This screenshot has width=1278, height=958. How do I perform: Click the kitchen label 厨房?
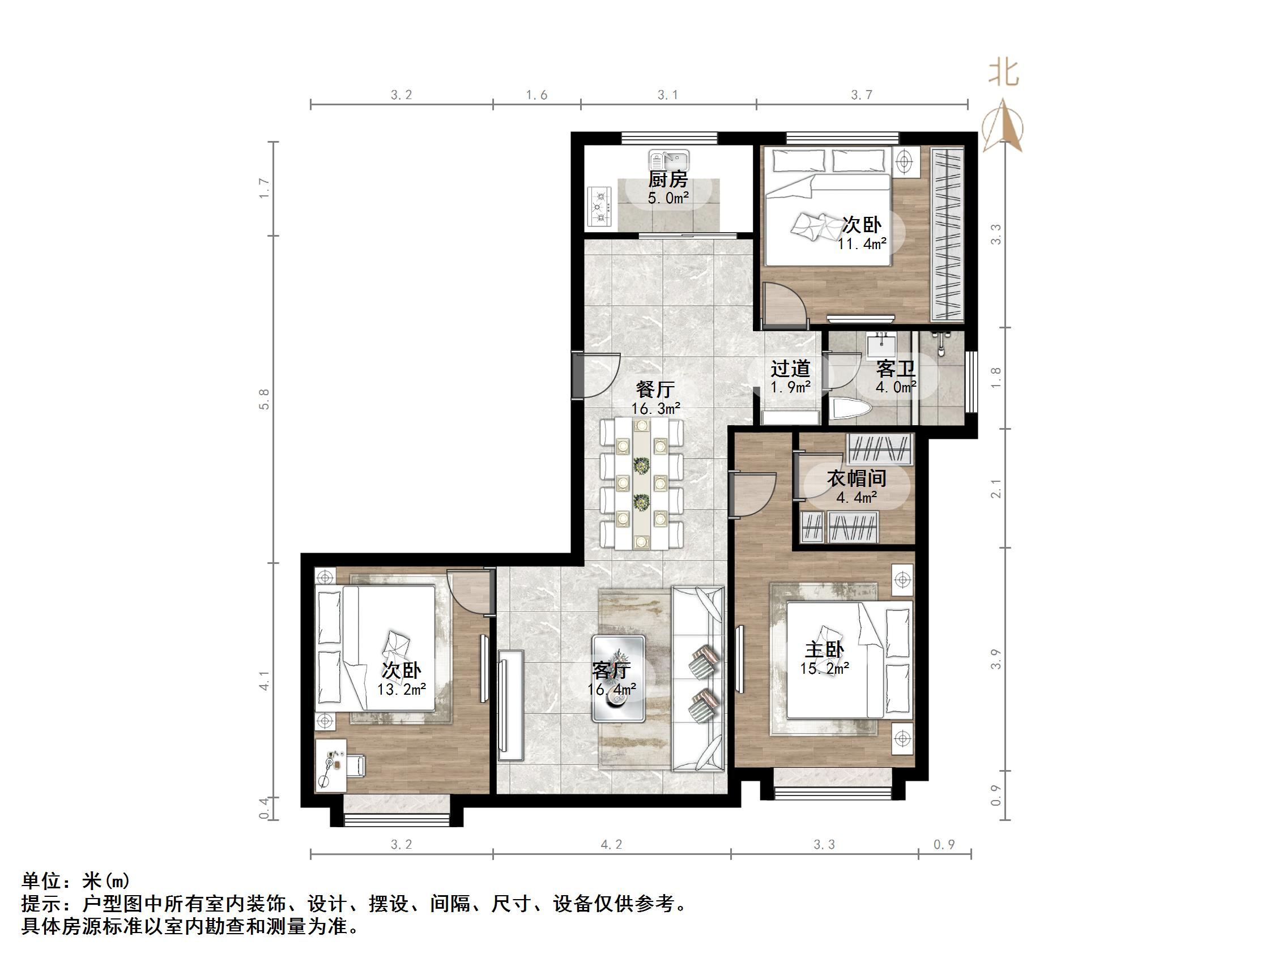(x=667, y=179)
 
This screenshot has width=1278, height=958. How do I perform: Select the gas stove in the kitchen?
(x=602, y=206)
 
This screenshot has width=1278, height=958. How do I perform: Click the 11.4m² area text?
(x=862, y=244)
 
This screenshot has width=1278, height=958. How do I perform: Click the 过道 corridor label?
(x=790, y=369)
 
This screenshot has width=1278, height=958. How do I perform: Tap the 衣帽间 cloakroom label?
(x=856, y=478)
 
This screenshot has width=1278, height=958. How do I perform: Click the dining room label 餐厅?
(x=655, y=389)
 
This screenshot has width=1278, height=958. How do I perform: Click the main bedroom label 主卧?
(x=824, y=649)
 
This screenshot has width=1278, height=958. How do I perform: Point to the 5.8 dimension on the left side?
(x=265, y=399)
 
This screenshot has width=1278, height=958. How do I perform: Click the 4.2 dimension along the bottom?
(x=611, y=845)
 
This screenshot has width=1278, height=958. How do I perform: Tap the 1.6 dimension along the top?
(x=536, y=95)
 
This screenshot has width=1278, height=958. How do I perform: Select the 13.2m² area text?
(x=402, y=690)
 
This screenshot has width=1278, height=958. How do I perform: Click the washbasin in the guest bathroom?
(x=881, y=347)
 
